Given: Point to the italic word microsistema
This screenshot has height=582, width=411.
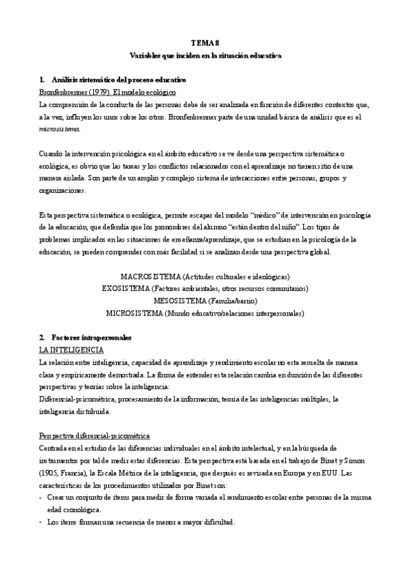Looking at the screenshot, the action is [60, 128].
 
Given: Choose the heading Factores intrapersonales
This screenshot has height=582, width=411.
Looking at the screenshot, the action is [91, 338].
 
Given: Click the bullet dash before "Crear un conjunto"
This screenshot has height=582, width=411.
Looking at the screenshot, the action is [42, 498].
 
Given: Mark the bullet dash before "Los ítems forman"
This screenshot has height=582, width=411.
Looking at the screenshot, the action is [42, 522].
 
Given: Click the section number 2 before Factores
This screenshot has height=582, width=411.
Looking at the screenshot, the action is [42, 338].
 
